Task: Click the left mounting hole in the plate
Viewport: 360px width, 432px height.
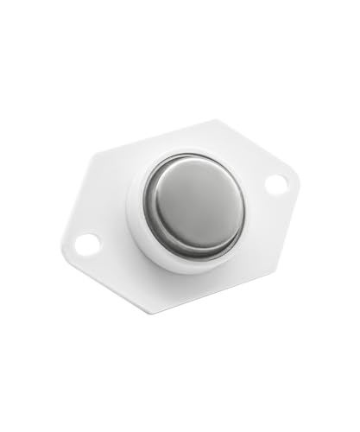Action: (x=87, y=245)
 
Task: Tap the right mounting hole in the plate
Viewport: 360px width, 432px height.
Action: (x=275, y=184)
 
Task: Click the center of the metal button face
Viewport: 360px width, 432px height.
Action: (x=193, y=206)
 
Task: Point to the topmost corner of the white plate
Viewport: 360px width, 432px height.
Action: (x=217, y=121)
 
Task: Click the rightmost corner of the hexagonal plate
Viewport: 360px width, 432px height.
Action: (x=299, y=177)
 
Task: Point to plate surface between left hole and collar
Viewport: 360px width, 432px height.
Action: (x=112, y=229)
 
